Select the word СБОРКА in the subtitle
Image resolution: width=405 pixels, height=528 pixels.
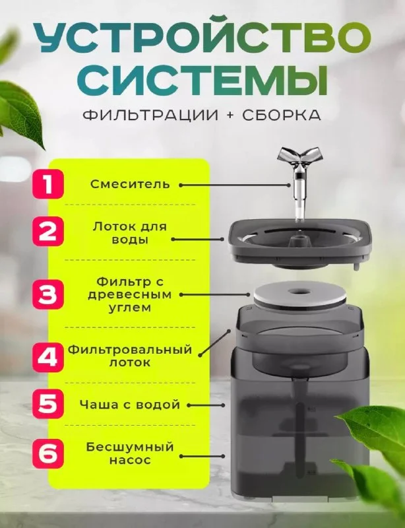pyautogui.click(x=282, y=115)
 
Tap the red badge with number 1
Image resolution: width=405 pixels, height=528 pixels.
pyautogui.click(x=47, y=184)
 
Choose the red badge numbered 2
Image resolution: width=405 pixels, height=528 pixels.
pyautogui.click(x=47, y=232)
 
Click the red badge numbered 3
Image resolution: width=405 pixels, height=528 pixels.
pyautogui.click(x=47, y=294)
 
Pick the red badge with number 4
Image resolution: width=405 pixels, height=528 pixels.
pyautogui.click(x=47, y=357)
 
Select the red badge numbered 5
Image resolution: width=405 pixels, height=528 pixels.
pyautogui.click(x=47, y=404)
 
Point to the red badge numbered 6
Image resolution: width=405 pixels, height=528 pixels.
pyautogui.click(x=47, y=453)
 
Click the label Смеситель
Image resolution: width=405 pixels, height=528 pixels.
pyautogui.click(x=130, y=184)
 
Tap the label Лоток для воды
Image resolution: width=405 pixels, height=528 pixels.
pyautogui.click(x=130, y=233)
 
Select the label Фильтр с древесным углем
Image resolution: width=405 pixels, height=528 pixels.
pyautogui.click(x=130, y=294)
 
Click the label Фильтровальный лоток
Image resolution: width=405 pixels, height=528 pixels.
pyautogui.click(x=130, y=356)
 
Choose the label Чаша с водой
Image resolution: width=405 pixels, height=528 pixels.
pyautogui.click(x=130, y=404)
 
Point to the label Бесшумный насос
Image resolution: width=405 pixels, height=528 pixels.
pyautogui.click(x=130, y=453)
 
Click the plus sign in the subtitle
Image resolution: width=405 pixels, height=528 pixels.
pyautogui.click(x=230, y=115)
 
